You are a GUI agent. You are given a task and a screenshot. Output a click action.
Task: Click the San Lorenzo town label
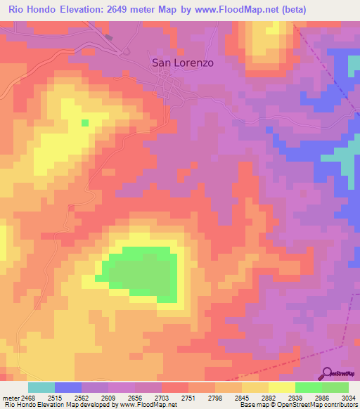tap(183, 62)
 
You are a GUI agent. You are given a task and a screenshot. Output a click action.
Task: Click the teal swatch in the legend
tap(41, 387)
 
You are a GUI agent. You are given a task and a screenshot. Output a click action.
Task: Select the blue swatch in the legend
tap(68, 387)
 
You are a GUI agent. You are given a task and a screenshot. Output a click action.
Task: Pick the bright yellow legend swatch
tap(281, 387)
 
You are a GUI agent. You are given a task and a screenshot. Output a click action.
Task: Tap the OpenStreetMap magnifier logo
tap(327, 372)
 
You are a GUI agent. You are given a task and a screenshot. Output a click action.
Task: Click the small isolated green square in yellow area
tap(85, 123)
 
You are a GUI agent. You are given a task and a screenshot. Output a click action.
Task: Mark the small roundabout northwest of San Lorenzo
tap(127, 51)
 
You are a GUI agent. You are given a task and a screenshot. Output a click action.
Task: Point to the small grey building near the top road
tap(108, 37)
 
